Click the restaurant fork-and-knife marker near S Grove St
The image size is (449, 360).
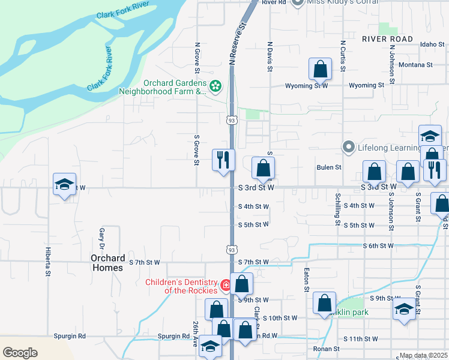click(223, 160)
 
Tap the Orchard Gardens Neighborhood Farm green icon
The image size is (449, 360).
click(216, 88)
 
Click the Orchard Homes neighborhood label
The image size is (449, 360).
click(107, 263)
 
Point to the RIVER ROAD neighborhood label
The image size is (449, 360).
click(387, 38)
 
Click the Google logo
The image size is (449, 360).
click(20, 352)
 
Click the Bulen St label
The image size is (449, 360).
click(329, 167)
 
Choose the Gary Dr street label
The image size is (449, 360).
click(103, 238)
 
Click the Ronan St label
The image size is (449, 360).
click(326, 349)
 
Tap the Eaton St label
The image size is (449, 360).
click(306, 280)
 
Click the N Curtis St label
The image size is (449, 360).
click(342, 56)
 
